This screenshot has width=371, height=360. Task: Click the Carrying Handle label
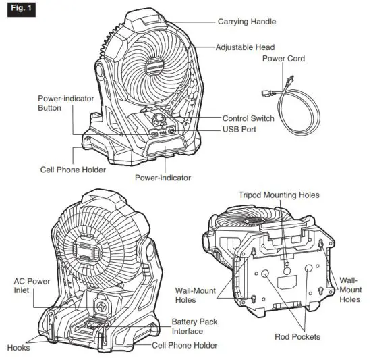click(246, 22)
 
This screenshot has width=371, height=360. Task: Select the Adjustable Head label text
click(245, 47)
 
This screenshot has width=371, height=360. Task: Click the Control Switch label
click(248, 118)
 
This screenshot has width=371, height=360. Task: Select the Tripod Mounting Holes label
click(279, 195)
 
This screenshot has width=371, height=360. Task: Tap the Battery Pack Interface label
click(194, 326)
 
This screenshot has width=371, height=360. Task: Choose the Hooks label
click(18, 348)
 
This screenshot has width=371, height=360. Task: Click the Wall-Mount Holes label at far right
click(349, 289)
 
